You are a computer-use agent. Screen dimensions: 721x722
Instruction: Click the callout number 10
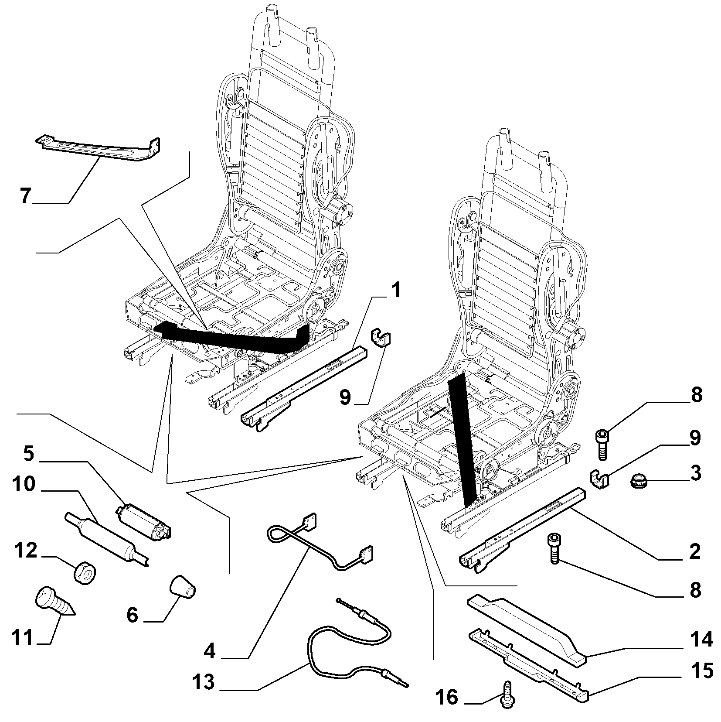pos(24,484)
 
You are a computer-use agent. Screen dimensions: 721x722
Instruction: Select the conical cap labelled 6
pos(183,587)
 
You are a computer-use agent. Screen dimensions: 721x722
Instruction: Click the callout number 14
pos(701,639)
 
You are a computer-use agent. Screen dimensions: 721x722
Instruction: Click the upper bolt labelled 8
pos(602,444)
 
